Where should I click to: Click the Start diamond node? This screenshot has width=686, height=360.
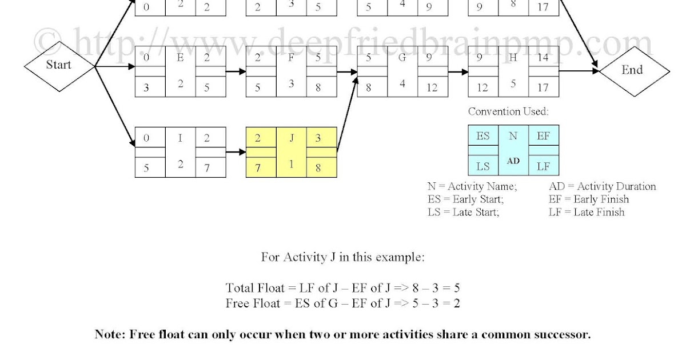[58, 65]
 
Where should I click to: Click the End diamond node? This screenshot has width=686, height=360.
[632, 70]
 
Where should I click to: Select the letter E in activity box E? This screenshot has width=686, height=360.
[180, 58]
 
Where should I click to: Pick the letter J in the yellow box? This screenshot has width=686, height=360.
[291, 137]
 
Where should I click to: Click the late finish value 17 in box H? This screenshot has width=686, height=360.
[543, 87]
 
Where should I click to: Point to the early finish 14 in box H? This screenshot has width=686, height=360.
[543, 58]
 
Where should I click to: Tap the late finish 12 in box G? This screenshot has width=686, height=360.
[432, 87]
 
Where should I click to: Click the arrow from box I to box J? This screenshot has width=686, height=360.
[234, 152]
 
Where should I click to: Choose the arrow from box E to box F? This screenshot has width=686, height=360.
[234, 72]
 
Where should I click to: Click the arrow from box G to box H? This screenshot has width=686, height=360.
[457, 72]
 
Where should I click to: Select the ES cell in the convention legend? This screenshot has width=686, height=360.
[482, 137]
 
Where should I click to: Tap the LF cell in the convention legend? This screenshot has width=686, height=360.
[543, 166]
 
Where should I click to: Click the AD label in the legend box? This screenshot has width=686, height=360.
[513, 161]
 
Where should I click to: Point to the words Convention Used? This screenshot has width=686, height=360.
[508, 111]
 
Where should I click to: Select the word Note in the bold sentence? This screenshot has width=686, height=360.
[109, 334]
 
